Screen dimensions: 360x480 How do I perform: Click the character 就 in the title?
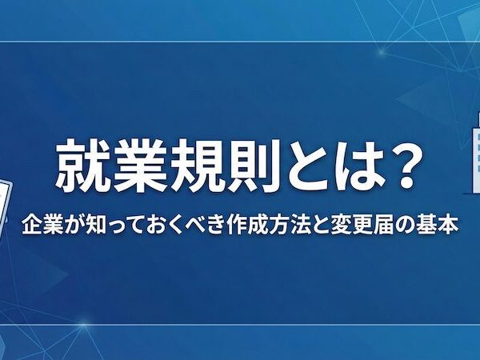click(x=81, y=166)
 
